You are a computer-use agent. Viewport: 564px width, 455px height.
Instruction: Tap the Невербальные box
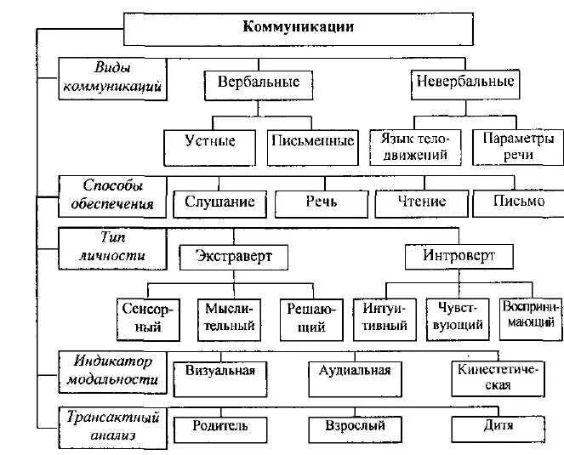coord(464,82)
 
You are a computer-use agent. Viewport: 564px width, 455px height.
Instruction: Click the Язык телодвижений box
coord(415,145)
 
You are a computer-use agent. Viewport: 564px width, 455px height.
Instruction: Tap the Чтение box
coord(422,202)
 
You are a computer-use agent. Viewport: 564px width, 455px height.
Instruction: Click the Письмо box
coord(519,202)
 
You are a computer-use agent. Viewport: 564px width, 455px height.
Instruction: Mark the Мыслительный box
coord(227,316)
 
